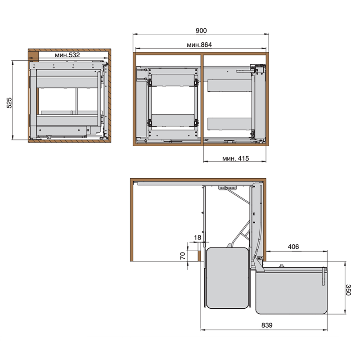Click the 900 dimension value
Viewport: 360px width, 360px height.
point(201,31)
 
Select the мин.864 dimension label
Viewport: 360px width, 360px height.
point(199,45)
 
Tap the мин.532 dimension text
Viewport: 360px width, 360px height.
point(67,55)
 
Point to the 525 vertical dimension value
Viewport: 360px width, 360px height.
point(9,103)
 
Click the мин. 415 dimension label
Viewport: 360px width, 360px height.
point(235,158)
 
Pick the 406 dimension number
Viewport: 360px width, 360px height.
point(293,247)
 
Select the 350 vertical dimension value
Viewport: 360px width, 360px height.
point(348,290)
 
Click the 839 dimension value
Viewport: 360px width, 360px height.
point(267,325)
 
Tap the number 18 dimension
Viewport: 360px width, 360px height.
point(198,238)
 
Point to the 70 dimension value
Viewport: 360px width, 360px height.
point(183,256)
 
